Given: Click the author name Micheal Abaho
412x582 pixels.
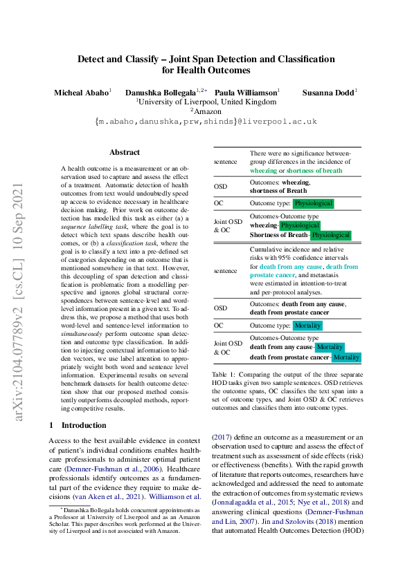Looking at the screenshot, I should [x=83, y=92].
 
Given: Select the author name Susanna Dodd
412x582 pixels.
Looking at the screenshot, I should [x=329, y=92].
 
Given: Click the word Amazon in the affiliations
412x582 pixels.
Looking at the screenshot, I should [x=207, y=111].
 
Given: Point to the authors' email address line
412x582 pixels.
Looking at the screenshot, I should [x=206, y=121].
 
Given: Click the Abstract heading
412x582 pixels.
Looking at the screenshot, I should [x=125, y=152].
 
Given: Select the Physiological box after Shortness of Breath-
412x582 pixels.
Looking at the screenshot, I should [x=330, y=235].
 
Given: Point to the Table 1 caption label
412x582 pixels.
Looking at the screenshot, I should [x=226, y=373].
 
